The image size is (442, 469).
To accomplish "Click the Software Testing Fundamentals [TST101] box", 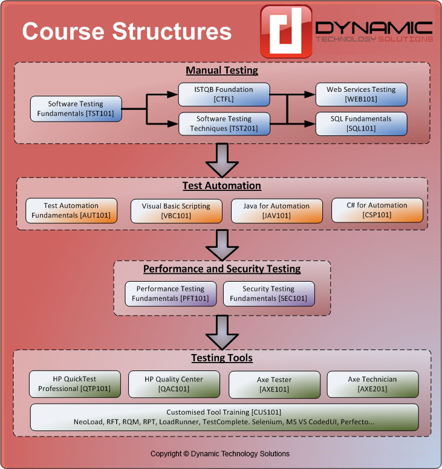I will point(76,108).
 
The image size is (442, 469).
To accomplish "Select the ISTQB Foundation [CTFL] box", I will point(224,94).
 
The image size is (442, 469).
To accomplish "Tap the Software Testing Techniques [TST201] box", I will point(224,123).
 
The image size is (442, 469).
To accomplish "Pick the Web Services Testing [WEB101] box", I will point(362,94).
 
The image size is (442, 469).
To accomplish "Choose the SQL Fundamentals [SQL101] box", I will point(362,123).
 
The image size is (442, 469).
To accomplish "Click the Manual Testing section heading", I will point(221,70).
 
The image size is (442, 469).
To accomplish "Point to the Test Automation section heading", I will point(221,186).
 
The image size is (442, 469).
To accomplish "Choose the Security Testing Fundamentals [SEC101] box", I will point(268,294).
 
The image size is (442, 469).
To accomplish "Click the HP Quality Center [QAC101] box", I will point(174,384).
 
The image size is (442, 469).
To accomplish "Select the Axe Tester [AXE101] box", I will point(273,384).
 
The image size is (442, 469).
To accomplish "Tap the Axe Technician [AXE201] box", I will point(372,384).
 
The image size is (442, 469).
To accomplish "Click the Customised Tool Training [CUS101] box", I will point(224,416).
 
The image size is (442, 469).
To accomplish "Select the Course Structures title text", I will point(127,31).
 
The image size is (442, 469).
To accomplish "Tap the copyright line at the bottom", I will point(220,453).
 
